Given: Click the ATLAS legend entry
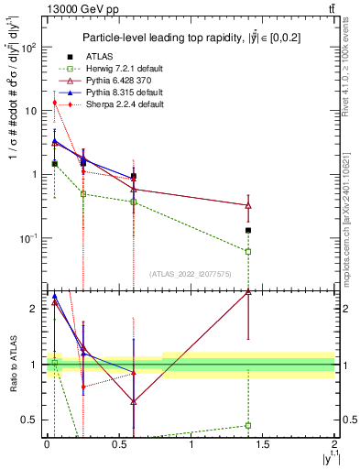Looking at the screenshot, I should coord(100,57).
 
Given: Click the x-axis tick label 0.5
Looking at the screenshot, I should coord(118,446).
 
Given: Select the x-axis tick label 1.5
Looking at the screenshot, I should coord(263,446).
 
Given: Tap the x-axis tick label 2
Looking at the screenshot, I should coord(335,446).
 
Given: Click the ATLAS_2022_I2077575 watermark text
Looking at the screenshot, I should coord(191,273).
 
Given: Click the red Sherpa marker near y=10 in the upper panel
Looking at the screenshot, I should coord(55,103).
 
